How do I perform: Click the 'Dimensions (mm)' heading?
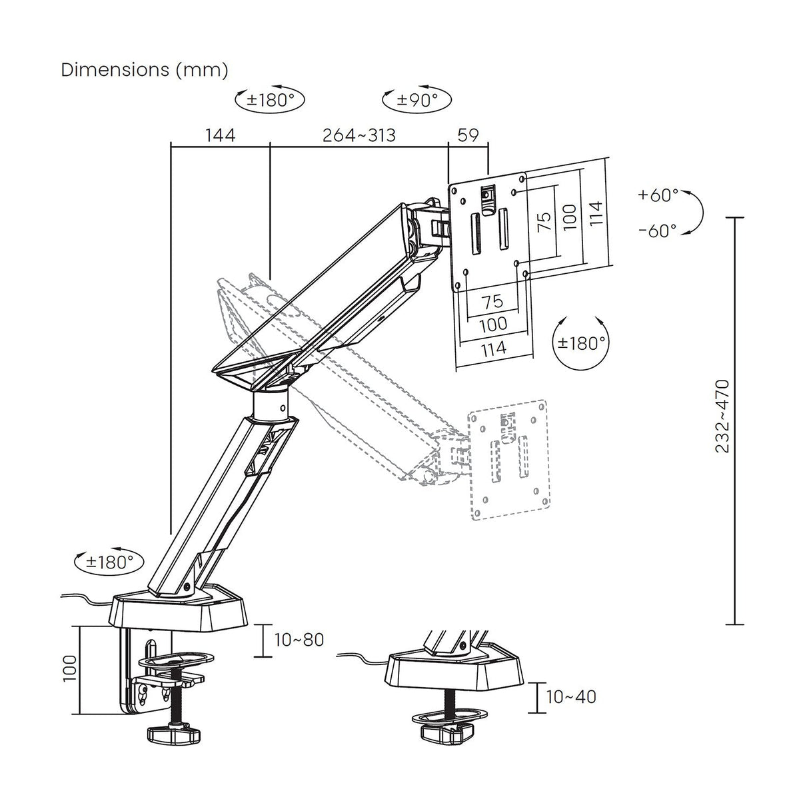point(145,69)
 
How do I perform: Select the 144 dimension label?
point(220,135)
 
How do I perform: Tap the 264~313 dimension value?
point(359,135)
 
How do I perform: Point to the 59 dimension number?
point(468,135)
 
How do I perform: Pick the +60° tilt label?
point(658,195)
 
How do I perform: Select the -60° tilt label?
point(658,231)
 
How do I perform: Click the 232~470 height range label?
point(722,416)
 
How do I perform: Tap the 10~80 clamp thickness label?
point(299,640)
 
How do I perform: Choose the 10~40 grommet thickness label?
point(571,697)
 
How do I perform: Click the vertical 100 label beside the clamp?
point(70,668)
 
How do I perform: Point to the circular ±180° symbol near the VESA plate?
point(582,343)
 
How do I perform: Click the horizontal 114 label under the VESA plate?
point(492,347)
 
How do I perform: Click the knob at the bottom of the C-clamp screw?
point(173,736)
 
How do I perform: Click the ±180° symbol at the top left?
point(271,100)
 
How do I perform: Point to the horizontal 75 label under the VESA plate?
point(492,301)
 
